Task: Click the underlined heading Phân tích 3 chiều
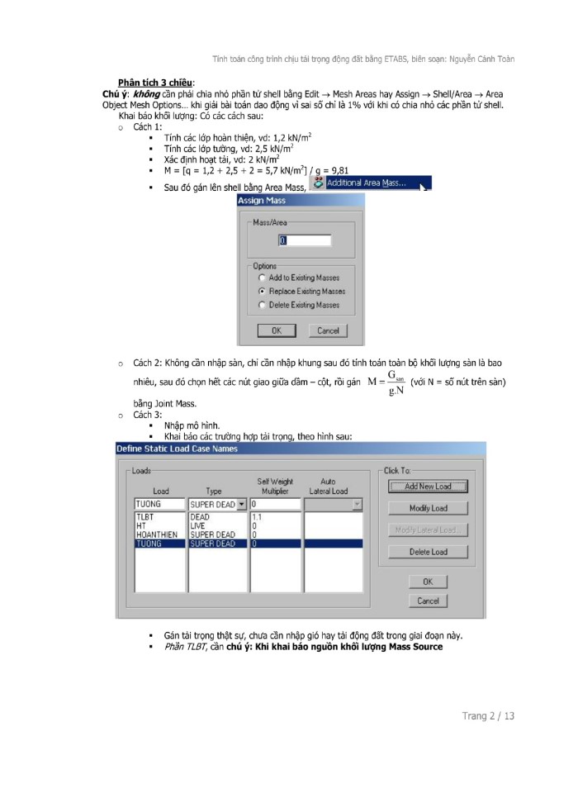click(x=156, y=83)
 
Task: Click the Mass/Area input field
click(x=304, y=241)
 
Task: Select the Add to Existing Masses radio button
click(x=263, y=278)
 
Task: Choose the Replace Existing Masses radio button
click(x=263, y=292)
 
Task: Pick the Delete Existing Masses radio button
click(x=263, y=305)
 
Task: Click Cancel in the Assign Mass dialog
click(x=328, y=330)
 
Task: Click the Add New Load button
click(x=428, y=487)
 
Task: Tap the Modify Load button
click(x=428, y=508)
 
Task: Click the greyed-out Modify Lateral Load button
click(x=428, y=529)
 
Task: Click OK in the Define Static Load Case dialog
click(x=428, y=582)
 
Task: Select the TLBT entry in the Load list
click(x=145, y=517)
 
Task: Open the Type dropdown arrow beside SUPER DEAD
click(x=242, y=503)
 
